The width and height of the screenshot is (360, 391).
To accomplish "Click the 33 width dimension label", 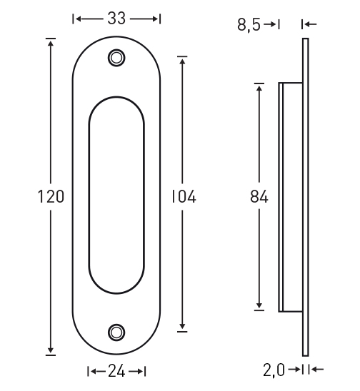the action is pyautogui.click(x=116, y=19).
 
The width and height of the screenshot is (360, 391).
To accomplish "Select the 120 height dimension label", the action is pyautogui.click(x=51, y=196).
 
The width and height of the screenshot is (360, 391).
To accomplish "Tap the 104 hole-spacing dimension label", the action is pyautogui.click(x=184, y=196).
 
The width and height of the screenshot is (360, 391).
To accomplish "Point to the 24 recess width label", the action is pyautogui.click(x=116, y=372).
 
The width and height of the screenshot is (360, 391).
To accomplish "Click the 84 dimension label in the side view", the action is pyautogui.click(x=259, y=196).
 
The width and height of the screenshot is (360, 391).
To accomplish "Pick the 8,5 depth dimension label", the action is pyautogui.click(x=249, y=25).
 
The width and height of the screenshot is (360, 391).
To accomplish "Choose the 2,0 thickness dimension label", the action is pyautogui.click(x=274, y=370).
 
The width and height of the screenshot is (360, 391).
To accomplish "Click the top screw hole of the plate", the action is pyautogui.click(x=116, y=58).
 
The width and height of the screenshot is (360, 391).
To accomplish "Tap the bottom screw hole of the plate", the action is pyautogui.click(x=116, y=332).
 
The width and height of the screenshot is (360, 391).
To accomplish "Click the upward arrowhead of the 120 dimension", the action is pyautogui.click(x=51, y=44).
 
